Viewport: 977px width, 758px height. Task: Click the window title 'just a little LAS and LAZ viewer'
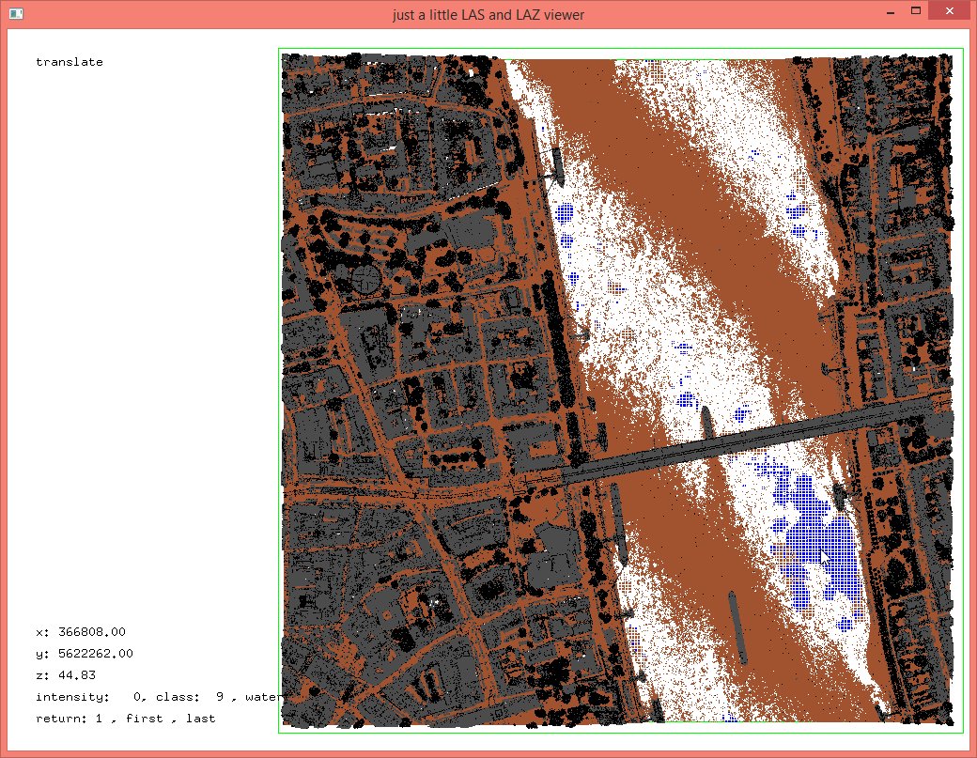click(x=488, y=15)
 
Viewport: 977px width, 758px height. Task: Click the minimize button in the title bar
click(x=889, y=10)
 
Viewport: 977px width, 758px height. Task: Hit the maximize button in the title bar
click(x=914, y=10)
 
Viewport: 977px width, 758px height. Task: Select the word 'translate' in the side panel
click(x=70, y=62)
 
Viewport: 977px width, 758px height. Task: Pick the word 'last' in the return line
click(x=200, y=719)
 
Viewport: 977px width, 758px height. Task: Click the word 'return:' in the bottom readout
click(x=58, y=719)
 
